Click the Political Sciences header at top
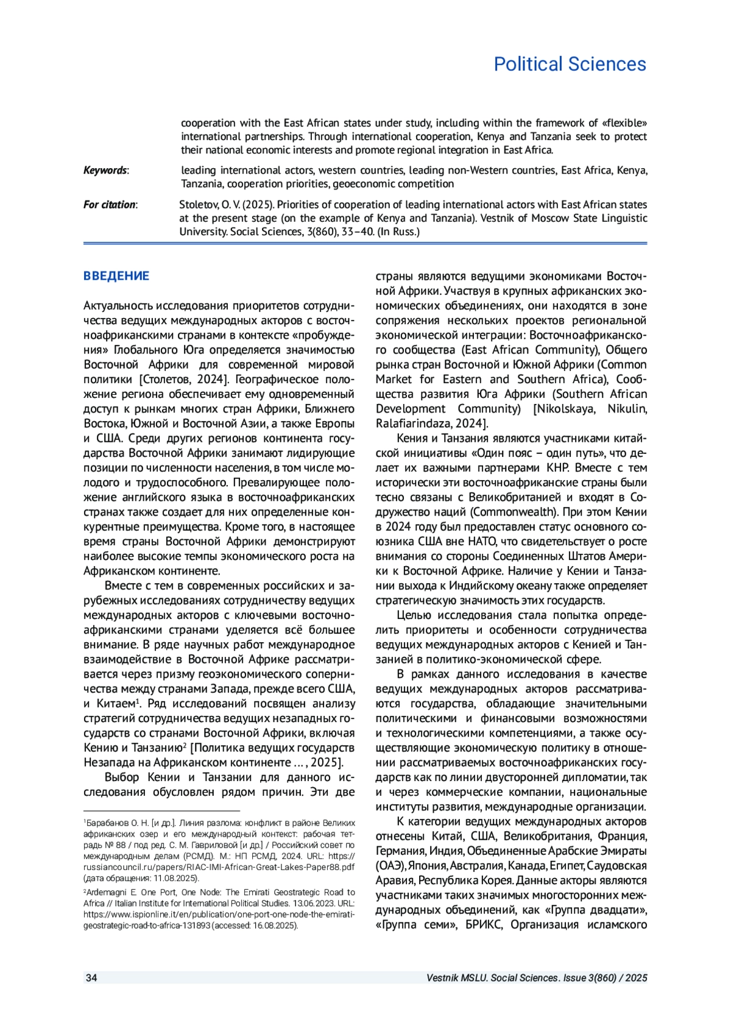[x=570, y=64]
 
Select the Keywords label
[x=105, y=171]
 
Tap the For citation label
[x=110, y=205]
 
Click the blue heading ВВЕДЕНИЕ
[x=116, y=276]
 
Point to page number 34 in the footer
[x=91, y=978]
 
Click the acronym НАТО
[x=482, y=542]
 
